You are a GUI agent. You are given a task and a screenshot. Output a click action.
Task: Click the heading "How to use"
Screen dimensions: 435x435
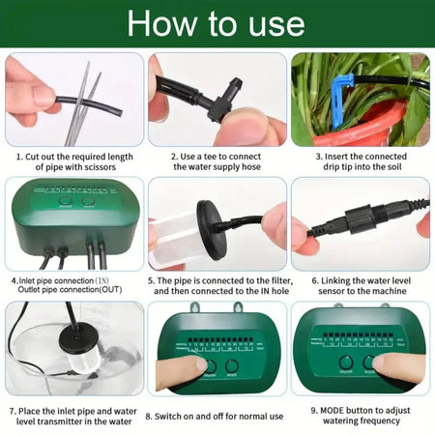point(217,23)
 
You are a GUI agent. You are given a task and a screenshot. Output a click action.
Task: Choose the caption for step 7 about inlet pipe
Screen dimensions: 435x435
point(73,416)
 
